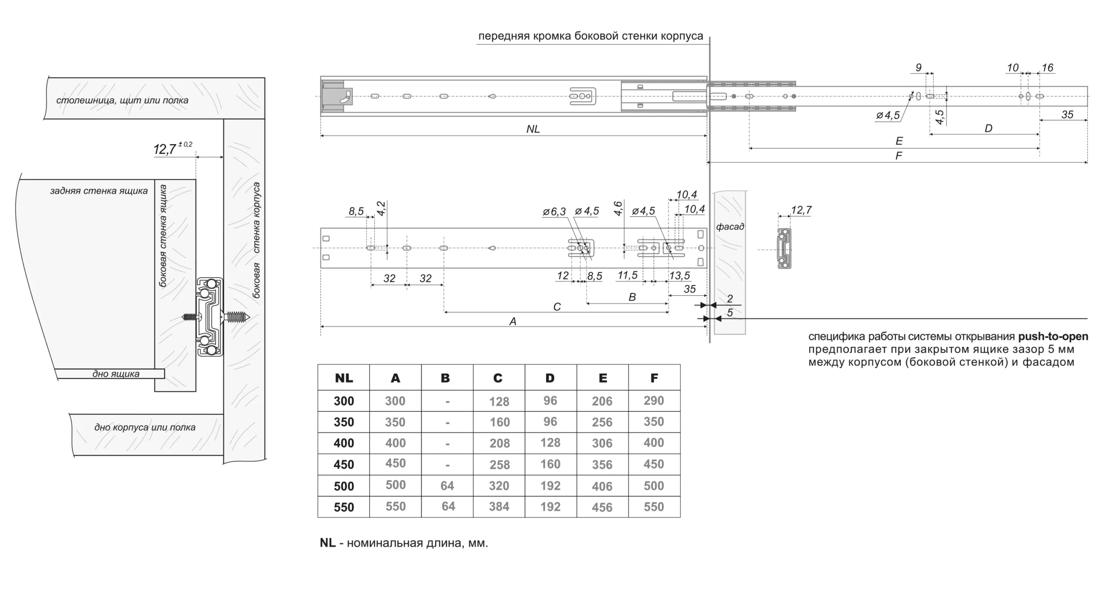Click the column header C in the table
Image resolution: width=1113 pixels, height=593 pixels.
[498, 378]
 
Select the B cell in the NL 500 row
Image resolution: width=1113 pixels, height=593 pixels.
[447, 486]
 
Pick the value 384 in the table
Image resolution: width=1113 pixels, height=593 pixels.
[499, 507]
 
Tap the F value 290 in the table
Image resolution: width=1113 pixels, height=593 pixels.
[654, 401]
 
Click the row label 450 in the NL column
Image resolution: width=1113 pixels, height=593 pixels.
[343, 464]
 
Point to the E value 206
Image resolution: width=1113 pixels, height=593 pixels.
[602, 401]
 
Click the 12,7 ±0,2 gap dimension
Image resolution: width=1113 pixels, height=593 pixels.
[172, 149]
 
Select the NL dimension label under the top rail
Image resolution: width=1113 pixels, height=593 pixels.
[533, 129]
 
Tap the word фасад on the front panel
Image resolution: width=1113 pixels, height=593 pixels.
[730, 227]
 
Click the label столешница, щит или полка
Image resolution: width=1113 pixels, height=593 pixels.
[122, 100]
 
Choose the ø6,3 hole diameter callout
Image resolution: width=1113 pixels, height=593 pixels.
[554, 212]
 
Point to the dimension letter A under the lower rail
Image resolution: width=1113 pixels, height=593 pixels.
[513, 321]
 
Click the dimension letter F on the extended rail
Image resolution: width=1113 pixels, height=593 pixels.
[899, 156]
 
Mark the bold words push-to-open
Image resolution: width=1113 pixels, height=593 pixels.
[1053, 337]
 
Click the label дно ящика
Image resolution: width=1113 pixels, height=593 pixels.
[116, 374]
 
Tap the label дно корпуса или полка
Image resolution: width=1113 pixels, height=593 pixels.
[145, 427]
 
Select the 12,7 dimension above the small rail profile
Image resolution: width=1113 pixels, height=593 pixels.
[801, 210]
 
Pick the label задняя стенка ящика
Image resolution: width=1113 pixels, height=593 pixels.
[99, 191]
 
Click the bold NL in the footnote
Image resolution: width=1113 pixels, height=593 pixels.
[327, 543]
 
